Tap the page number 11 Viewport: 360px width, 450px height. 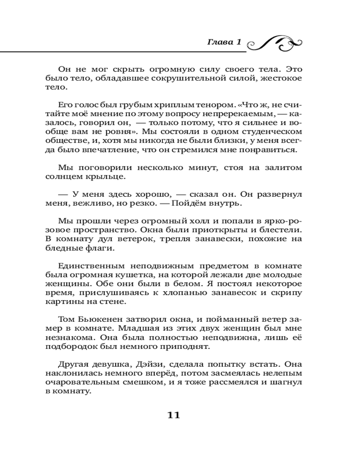pyautogui.click(x=173, y=415)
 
